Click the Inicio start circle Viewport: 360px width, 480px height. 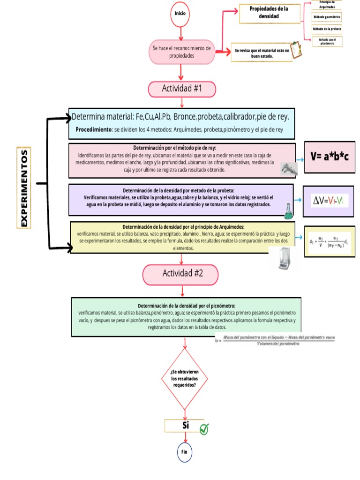pyautogui.click(x=180, y=14)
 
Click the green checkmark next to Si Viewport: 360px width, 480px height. pyautogui.click(x=204, y=428)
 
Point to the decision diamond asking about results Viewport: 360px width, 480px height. pyautogui.click(x=184, y=378)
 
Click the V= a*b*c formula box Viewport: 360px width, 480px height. pyautogui.click(x=330, y=157)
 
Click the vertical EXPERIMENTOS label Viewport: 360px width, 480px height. pyautogui.click(x=24, y=187)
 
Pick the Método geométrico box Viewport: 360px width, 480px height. pyautogui.click(x=327, y=17)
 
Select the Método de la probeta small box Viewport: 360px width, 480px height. pyautogui.click(x=327, y=29)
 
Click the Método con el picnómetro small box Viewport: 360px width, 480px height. pyautogui.click(x=327, y=42)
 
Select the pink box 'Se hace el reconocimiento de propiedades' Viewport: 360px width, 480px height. pyautogui.click(x=181, y=52)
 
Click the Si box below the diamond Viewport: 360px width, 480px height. pyautogui.click(x=184, y=426)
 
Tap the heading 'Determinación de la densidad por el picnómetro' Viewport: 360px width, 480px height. pyautogui.click(x=187, y=305)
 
